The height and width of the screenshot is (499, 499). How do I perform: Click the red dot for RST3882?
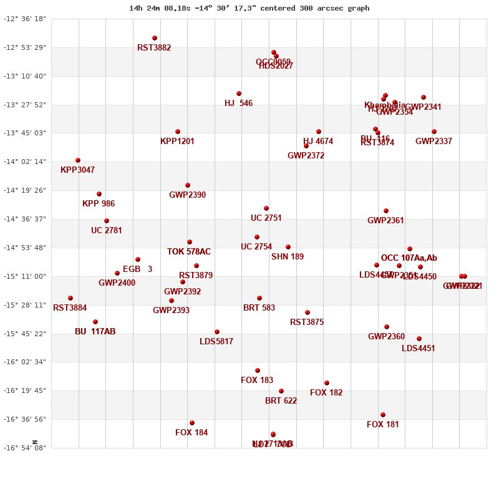155,38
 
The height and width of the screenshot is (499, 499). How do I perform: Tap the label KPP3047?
77,170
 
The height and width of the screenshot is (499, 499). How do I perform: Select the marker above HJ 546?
239,94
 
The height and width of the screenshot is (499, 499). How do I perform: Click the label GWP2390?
187,195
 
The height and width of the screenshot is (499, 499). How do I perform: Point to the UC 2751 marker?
266,208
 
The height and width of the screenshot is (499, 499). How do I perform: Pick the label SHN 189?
288,257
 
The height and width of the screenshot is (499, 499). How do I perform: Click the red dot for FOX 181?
383,415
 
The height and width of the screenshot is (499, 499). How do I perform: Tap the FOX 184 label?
191,433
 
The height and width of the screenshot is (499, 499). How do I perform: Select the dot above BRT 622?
281,391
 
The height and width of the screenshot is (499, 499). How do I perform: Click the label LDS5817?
216,342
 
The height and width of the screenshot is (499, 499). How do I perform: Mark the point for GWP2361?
386,211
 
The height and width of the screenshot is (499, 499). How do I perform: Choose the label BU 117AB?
95,332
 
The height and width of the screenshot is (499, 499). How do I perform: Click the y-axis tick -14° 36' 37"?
26,219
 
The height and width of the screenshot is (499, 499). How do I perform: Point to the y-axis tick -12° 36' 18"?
26,19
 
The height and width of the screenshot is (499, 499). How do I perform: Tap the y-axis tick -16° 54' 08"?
26,448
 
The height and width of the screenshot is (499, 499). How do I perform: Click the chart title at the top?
249,8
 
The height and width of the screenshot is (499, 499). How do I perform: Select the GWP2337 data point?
434,132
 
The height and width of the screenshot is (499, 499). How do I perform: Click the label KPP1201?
177,142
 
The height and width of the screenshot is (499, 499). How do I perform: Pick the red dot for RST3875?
308,312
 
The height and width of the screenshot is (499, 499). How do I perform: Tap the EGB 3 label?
137,269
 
